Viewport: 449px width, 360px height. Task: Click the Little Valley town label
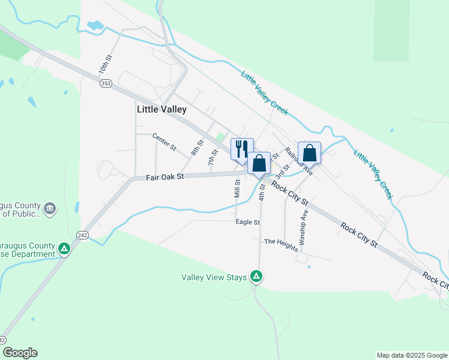[x=161, y=109]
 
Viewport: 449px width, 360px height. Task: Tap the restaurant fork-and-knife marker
[x=242, y=149]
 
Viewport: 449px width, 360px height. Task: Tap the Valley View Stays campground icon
[x=256, y=277]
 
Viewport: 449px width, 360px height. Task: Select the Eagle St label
[x=248, y=222]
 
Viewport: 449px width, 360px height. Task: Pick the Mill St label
[x=237, y=188]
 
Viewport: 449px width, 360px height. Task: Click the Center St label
[x=164, y=142]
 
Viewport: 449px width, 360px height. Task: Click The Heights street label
[x=280, y=244]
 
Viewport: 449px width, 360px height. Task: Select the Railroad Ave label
[x=299, y=161]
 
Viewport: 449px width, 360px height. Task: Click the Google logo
[x=20, y=353]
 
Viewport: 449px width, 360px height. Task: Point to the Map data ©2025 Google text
[x=412, y=355]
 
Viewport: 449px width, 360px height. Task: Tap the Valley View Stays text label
[x=214, y=277]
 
